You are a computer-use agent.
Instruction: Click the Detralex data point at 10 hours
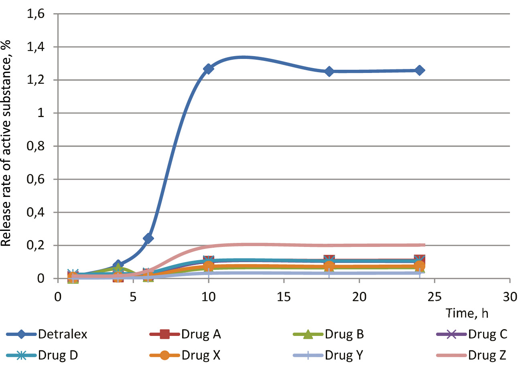[208, 69]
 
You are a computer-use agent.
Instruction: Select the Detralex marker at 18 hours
[329, 71]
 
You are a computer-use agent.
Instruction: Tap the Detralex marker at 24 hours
[419, 70]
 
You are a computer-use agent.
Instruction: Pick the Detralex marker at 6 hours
[148, 238]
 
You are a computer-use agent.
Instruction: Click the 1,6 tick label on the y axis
[35, 14]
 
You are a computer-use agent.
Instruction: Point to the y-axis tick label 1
[41, 113]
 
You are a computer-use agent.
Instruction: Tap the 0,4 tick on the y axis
[35, 212]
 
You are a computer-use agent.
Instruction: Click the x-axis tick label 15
[284, 297]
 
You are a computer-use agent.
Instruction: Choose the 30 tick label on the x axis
[510, 297]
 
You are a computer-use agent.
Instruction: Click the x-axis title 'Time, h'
[467, 313]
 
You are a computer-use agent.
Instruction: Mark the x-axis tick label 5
[133, 297]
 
